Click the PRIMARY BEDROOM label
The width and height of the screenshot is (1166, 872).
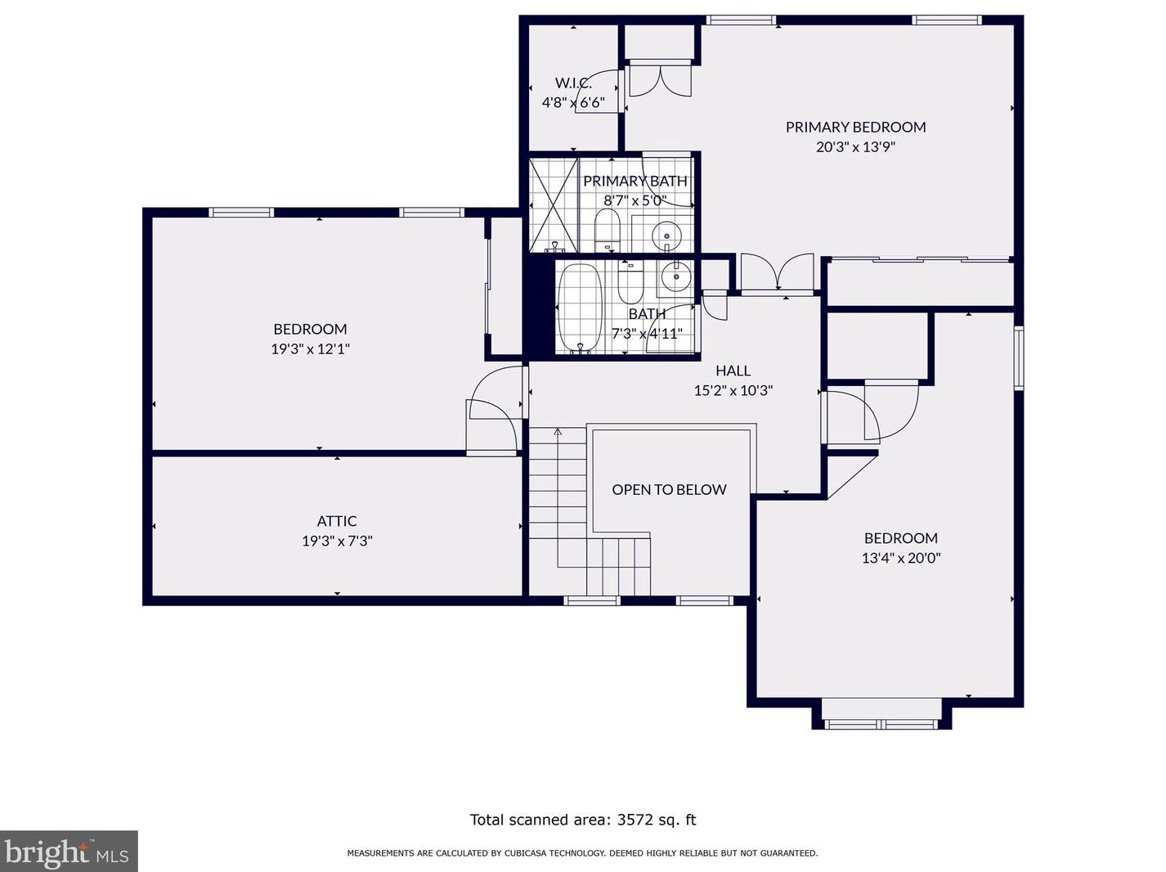pos(855,127)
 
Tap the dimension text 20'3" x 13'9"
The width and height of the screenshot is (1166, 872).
pos(855,146)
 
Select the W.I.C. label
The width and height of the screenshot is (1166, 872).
pos(573,83)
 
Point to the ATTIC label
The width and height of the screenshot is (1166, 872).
pos(337,521)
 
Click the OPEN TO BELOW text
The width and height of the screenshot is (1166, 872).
pos(669,489)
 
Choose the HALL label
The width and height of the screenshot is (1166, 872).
pos(733,371)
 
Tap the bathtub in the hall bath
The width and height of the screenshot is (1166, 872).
pos(580,308)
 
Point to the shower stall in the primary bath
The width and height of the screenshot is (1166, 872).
pos(553,205)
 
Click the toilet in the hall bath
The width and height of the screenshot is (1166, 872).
pos(630,281)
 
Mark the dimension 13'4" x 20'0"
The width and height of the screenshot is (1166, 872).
pos(901,558)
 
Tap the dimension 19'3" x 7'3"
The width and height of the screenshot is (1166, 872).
pos(337,541)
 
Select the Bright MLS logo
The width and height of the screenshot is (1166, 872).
pos(68,852)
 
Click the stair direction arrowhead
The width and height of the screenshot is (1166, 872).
pos(557,431)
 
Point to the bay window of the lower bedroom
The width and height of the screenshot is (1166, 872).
pos(881,717)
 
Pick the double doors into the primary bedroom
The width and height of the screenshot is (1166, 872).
pos(777,272)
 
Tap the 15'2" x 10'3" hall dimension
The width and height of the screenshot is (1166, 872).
pos(733,390)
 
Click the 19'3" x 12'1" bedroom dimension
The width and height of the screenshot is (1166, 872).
pos(310,349)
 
